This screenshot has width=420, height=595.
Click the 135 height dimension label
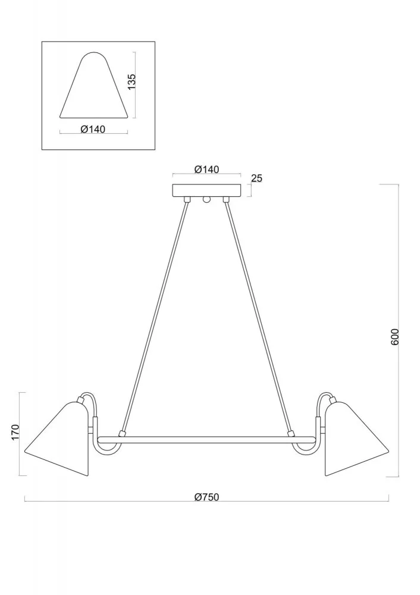pos(131,81)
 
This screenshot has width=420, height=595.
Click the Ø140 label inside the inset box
pos(93,129)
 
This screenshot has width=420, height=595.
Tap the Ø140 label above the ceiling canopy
pos(207,169)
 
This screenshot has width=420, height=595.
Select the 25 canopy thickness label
pos(257,178)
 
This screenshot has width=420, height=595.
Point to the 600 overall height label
pos(395,337)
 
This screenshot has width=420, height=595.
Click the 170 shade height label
pos(15,432)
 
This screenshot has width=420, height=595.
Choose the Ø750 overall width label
pos(207,497)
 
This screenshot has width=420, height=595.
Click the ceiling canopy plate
pos(207,190)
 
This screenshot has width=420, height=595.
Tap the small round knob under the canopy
pos(207,199)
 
